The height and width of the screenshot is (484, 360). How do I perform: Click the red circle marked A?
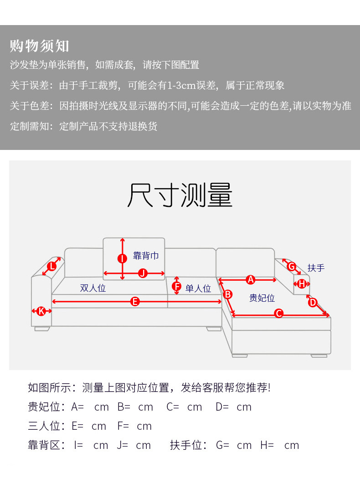250,279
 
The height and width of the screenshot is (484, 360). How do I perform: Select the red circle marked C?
279,313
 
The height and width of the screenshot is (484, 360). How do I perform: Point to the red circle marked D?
313,302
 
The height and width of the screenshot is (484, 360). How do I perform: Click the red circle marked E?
135,301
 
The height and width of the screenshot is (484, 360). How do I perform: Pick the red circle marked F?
177,286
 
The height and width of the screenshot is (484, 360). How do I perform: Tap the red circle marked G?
292,266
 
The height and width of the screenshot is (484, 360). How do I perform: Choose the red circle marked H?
302,284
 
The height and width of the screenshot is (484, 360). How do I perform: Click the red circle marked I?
122,258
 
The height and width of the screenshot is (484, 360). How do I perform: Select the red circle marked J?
143,273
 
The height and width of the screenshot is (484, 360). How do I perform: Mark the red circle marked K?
41,311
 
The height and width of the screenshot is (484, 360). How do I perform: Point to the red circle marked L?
52,266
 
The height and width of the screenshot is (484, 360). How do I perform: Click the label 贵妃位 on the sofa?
262,298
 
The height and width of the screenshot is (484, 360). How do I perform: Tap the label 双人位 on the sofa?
93,288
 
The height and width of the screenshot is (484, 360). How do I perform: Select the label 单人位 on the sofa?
198,288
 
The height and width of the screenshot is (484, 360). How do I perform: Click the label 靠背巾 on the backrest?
146,256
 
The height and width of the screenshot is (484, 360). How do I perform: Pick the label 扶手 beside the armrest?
316,268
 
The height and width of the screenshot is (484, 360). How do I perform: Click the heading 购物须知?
40,46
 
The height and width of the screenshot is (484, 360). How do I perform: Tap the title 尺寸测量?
180,196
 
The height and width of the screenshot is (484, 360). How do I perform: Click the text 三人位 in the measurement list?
44,426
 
